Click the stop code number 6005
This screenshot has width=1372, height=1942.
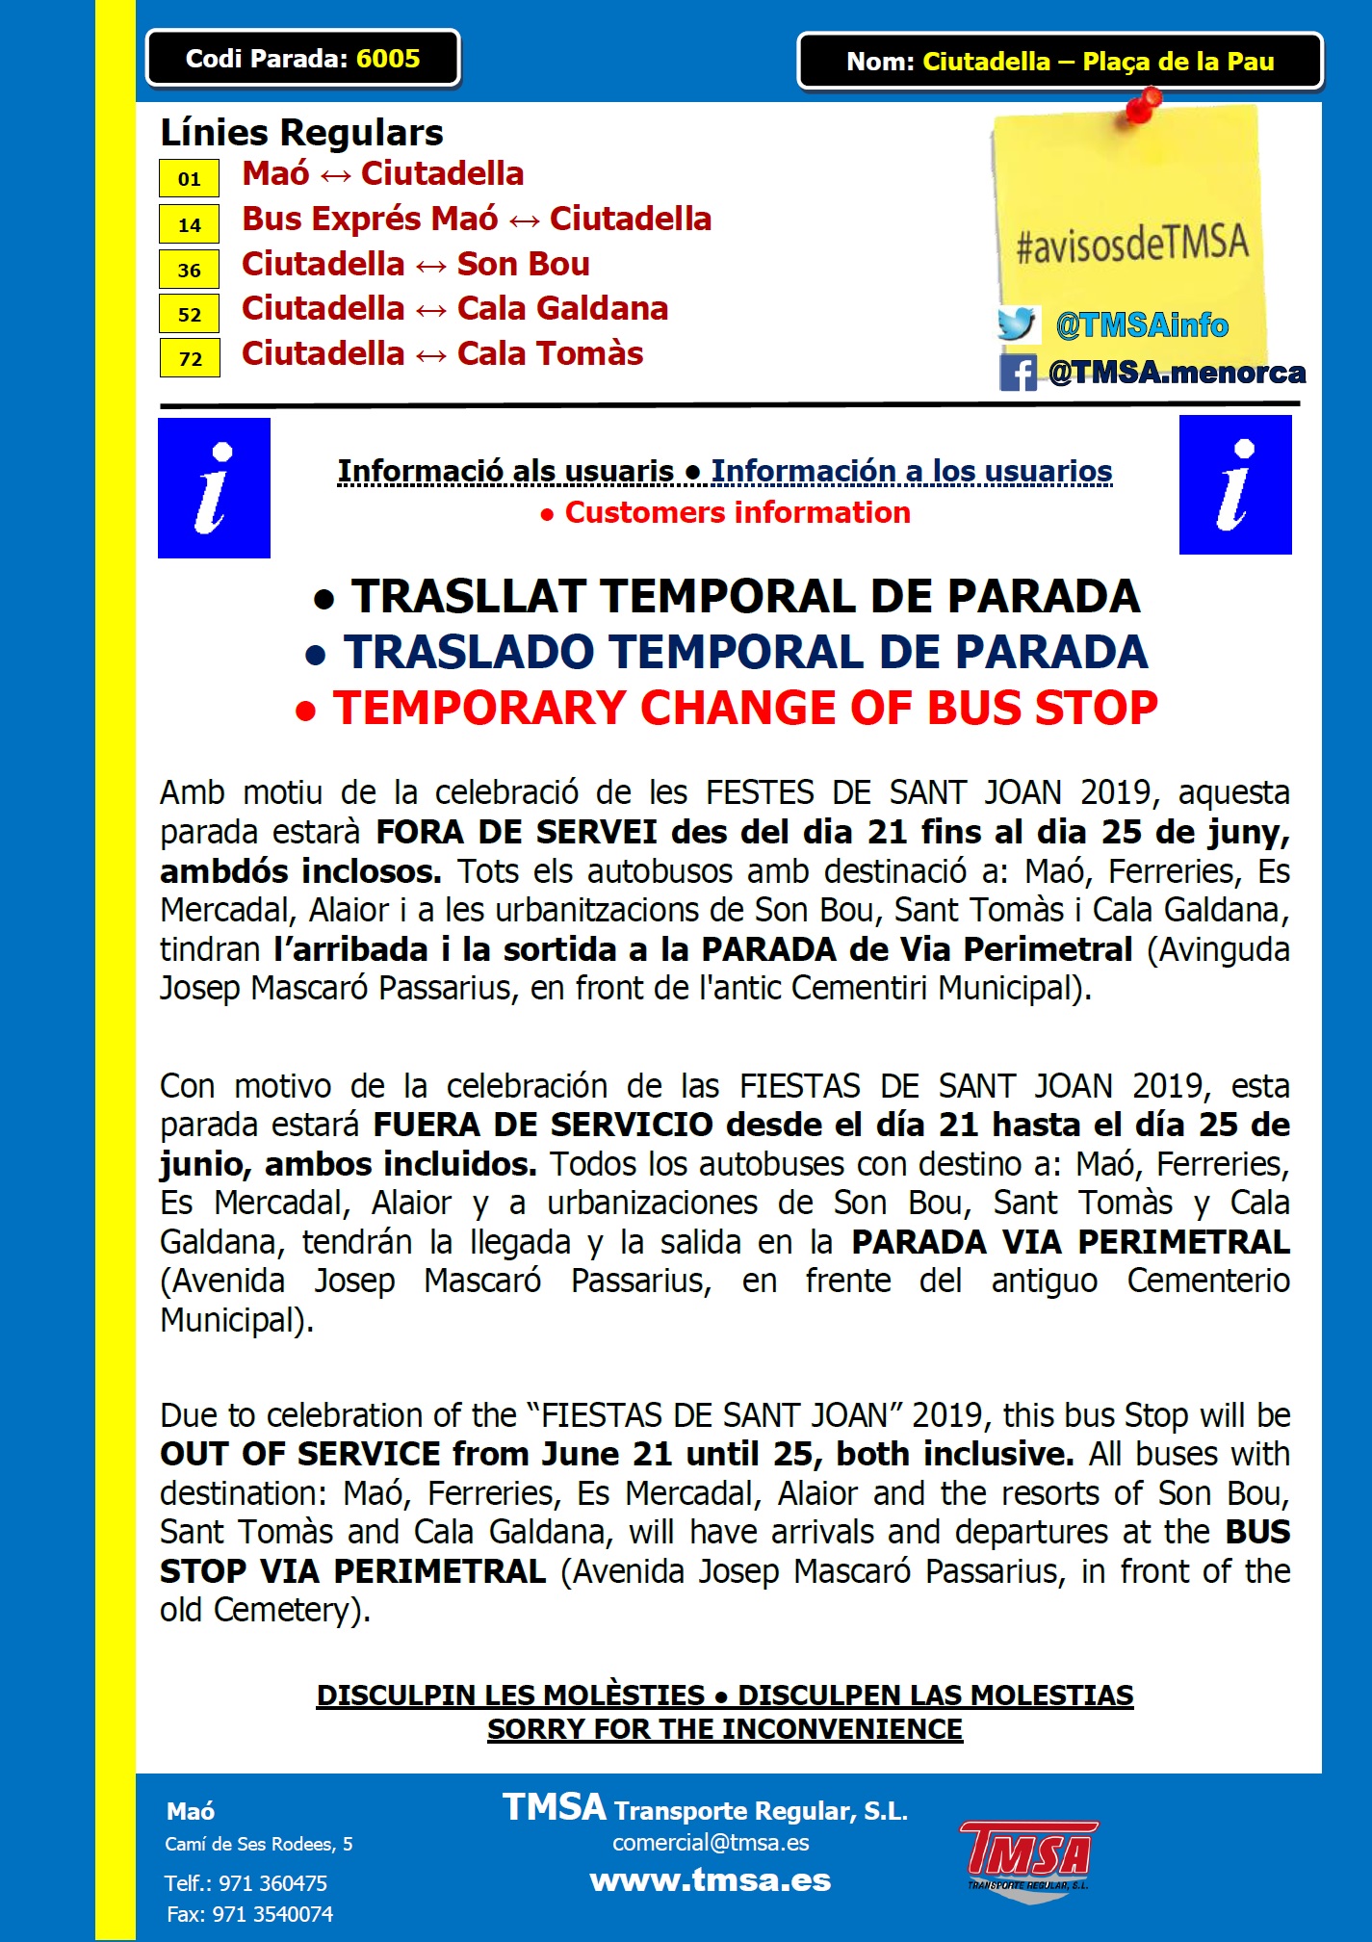tap(388, 59)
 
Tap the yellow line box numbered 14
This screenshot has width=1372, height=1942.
tap(190, 224)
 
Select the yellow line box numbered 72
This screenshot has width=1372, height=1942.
tap(190, 358)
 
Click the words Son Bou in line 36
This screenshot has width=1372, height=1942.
tap(523, 264)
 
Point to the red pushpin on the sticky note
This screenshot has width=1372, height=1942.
tap(1143, 104)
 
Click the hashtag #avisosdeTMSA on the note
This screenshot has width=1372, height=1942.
tap(1132, 244)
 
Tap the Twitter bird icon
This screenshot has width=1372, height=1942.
tap(1018, 324)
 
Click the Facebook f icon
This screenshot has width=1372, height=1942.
tap(1018, 373)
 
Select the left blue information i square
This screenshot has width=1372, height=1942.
tap(214, 488)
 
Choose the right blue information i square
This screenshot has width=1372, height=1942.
tap(1235, 485)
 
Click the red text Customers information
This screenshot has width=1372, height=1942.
tap(737, 513)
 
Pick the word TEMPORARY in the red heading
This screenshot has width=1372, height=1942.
tap(479, 709)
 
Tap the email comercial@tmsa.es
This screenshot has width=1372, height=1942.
tap(711, 1843)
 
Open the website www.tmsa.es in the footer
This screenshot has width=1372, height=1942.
tap(711, 1880)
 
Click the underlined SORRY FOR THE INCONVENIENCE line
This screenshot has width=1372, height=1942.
tap(724, 1729)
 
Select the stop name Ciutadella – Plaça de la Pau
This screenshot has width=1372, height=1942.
tap(1098, 62)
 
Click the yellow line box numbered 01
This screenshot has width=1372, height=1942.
tap(190, 179)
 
